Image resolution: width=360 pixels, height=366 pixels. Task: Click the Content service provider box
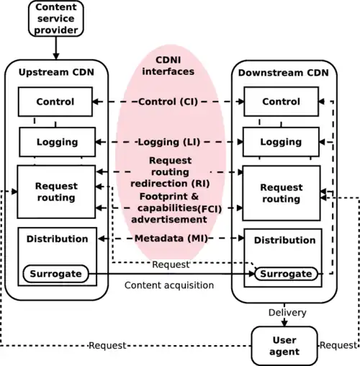[x=56, y=19]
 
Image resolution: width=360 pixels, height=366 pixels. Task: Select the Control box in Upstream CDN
[x=55, y=102]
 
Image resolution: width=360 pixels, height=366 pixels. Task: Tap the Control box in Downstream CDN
[x=281, y=102]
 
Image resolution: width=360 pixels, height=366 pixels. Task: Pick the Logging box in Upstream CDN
[x=56, y=142]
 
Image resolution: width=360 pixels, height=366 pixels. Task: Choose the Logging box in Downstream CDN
[x=281, y=142]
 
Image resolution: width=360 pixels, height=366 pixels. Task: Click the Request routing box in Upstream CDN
[x=55, y=192]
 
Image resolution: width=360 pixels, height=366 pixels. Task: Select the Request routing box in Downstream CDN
[x=281, y=193]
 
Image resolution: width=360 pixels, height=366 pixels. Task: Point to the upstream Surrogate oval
[x=55, y=274]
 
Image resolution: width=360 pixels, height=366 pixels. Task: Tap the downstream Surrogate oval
[x=285, y=274]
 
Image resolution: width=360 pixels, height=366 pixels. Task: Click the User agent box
[x=284, y=346]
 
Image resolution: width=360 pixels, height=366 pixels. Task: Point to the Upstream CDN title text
[x=55, y=73]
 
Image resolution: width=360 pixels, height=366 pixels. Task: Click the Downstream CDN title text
[x=281, y=73]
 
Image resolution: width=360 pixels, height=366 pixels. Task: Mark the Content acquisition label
[x=169, y=285]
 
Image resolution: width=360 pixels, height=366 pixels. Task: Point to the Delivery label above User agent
[x=287, y=313]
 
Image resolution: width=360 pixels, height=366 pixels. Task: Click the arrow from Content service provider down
[x=56, y=48]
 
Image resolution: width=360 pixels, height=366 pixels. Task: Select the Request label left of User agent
[x=107, y=346]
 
